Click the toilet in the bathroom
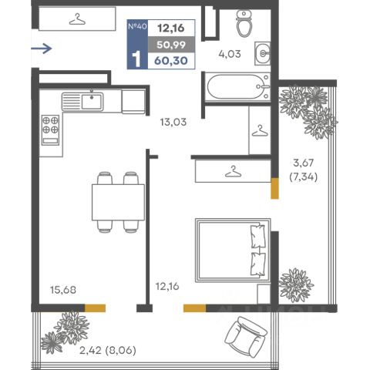click(244, 24)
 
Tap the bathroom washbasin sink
click(262, 53)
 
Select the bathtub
click(237, 87)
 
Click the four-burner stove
click(50, 130)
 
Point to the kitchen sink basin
click(92, 102)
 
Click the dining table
click(118, 202)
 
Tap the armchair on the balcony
click(246, 336)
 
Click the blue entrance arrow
click(42, 49)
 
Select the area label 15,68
click(63, 290)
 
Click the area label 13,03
click(173, 122)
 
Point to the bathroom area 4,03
click(230, 54)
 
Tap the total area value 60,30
click(171, 61)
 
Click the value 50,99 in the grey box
click(171, 45)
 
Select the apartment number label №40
click(137, 26)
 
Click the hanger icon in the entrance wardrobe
click(77, 19)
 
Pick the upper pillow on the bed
click(257, 236)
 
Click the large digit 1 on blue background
click(136, 59)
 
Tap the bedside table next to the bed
click(264, 294)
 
